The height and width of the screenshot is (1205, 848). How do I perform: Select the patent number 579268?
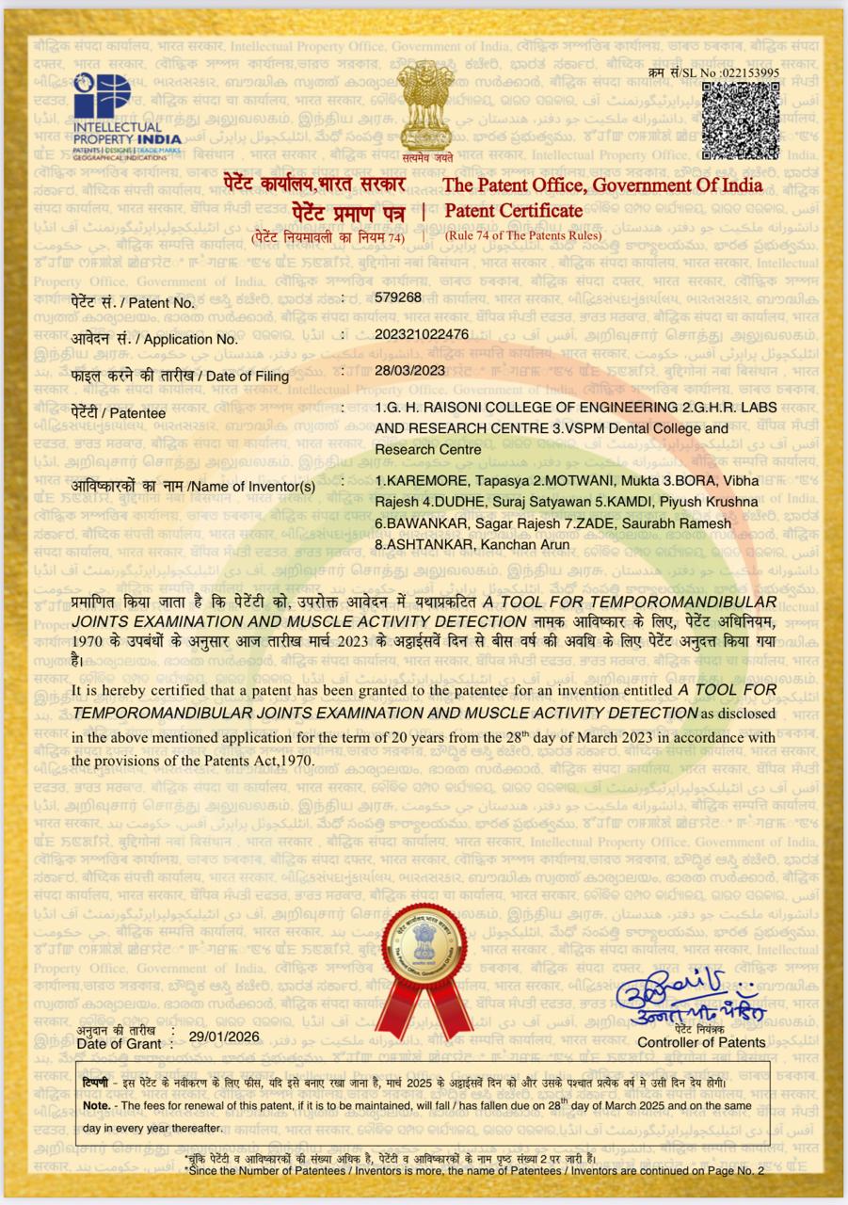397,297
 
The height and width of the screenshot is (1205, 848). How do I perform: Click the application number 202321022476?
421,334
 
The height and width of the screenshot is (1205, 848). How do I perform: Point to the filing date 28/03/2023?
409,370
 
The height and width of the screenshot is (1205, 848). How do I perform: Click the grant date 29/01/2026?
223,1036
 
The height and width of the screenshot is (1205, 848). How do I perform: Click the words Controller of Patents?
701,1042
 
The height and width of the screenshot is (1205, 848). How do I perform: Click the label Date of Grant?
120,1043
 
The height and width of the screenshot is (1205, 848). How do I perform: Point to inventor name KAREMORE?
428,483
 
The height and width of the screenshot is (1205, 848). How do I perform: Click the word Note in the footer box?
96,1105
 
